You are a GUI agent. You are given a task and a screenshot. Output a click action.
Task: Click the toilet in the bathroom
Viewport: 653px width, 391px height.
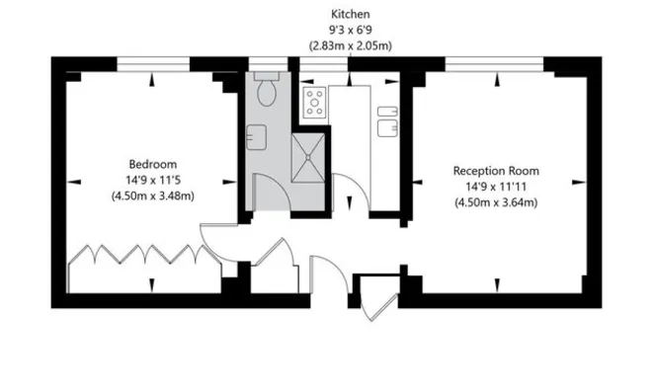click(x=265, y=94)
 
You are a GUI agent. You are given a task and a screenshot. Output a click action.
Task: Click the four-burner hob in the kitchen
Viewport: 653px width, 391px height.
click(x=315, y=102)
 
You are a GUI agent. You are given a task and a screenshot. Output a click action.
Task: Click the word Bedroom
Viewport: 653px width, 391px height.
click(x=152, y=164)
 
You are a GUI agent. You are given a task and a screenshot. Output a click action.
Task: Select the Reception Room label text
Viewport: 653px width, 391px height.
click(x=495, y=171)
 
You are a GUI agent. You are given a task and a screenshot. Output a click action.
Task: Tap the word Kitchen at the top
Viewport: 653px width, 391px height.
click(x=351, y=14)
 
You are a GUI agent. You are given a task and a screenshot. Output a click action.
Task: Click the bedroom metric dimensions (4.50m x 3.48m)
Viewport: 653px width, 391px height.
click(x=152, y=195)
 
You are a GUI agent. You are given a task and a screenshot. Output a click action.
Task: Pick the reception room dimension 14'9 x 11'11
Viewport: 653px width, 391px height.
click(x=495, y=187)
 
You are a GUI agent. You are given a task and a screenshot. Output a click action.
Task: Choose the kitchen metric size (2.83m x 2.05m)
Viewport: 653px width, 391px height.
click(x=351, y=45)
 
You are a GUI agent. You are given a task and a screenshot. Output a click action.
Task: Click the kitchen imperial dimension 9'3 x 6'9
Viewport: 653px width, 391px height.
click(x=351, y=30)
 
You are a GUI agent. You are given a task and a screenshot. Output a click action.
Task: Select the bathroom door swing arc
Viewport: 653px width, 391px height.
click(x=272, y=191)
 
